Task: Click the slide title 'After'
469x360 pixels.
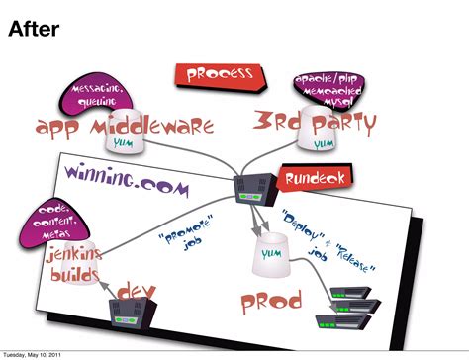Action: pyautogui.click(x=35, y=31)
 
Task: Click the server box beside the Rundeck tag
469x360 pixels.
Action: pyautogui.click(x=253, y=187)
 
